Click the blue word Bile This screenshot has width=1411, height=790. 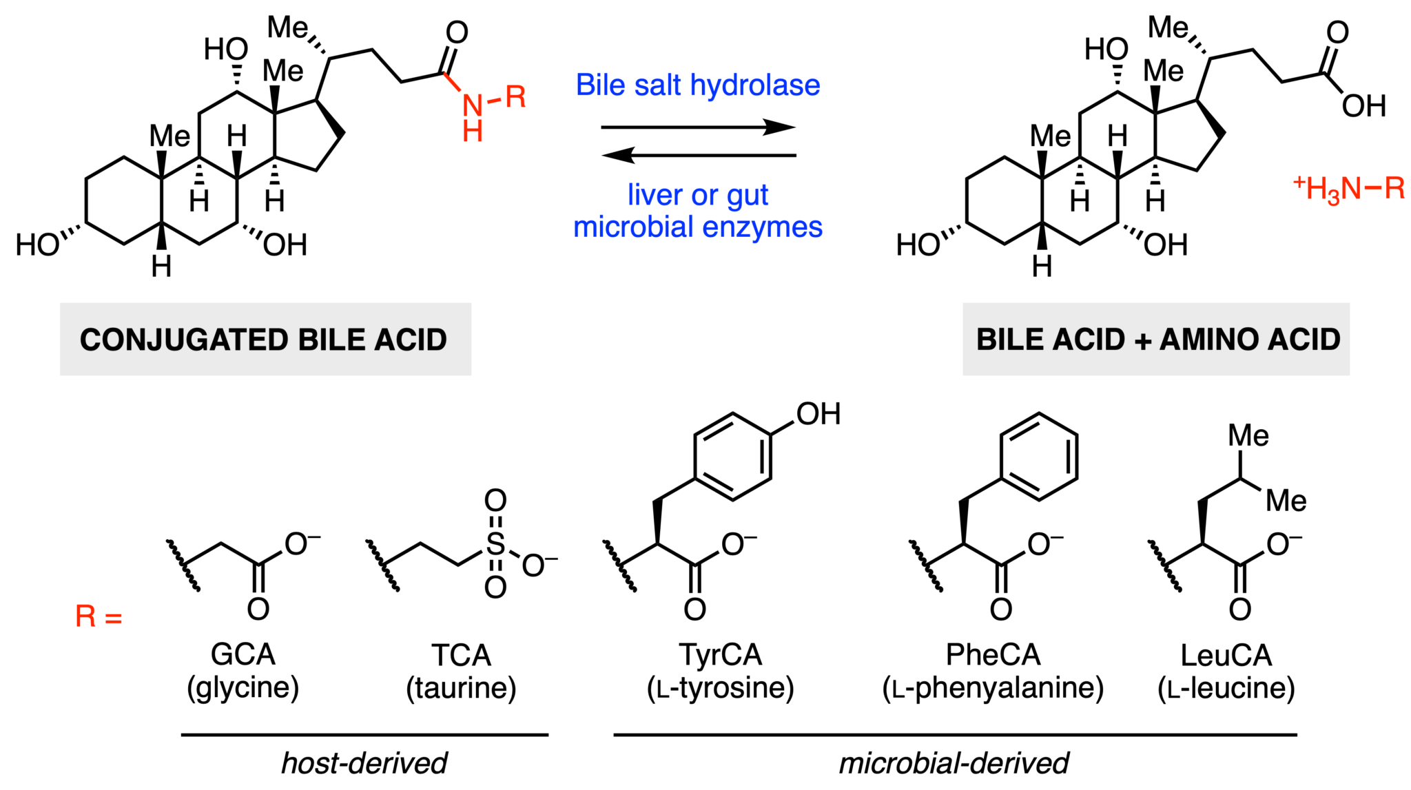click(599, 85)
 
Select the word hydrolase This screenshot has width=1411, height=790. click(755, 85)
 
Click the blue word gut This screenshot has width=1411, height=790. click(747, 196)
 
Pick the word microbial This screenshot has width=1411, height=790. click(633, 227)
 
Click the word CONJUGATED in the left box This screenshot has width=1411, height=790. click(184, 340)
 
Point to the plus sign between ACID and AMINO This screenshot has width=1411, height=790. click(1142, 341)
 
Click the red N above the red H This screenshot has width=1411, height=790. click(473, 105)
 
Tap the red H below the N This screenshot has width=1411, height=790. click(473, 130)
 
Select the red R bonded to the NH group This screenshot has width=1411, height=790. click(515, 96)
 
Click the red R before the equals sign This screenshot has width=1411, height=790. click(86, 616)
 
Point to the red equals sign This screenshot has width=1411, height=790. click(113, 618)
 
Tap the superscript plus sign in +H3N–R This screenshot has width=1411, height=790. click(1299, 183)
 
